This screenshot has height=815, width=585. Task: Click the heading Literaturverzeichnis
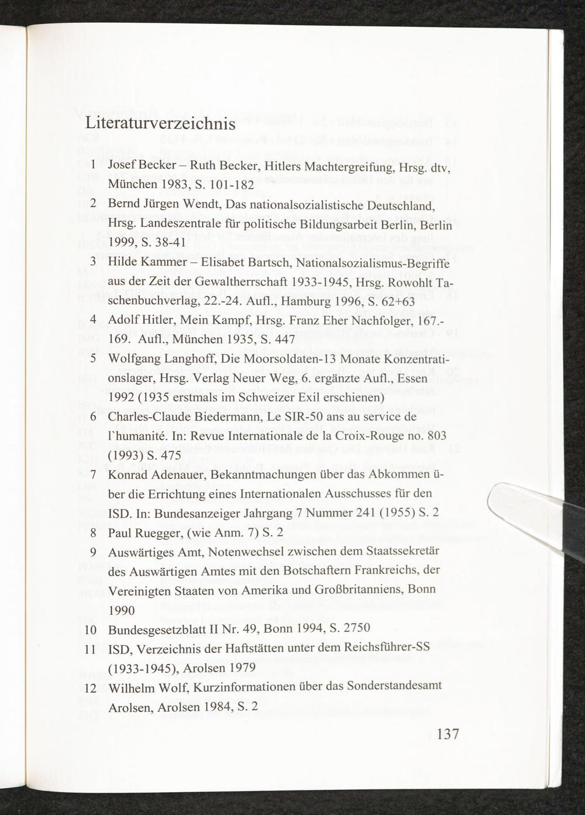click(160, 124)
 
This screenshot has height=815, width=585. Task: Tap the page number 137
click(447, 734)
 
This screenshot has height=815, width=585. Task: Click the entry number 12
click(91, 686)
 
